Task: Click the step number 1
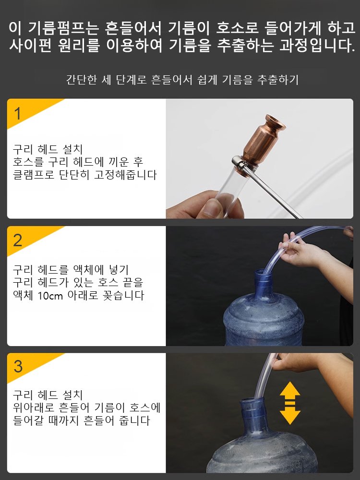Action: coord(18,114)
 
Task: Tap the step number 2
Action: coord(18,240)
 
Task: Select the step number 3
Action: coord(18,367)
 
